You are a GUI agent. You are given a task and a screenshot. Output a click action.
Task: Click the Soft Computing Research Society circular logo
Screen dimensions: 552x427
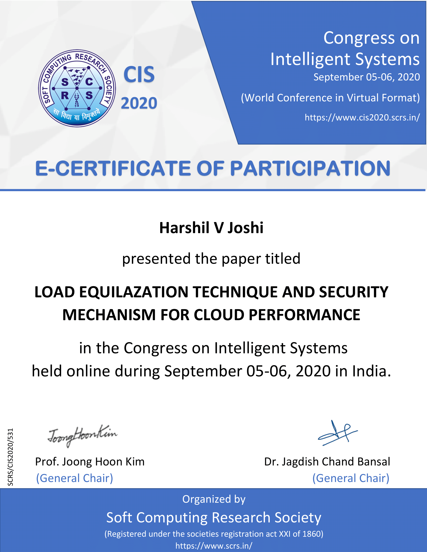click(x=77, y=88)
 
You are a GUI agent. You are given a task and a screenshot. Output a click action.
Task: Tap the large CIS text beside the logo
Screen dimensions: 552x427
click(x=139, y=75)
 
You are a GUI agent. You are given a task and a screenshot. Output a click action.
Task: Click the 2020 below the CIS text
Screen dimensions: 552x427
click(x=139, y=103)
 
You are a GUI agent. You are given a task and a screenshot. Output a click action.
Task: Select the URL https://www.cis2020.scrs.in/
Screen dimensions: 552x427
click(x=362, y=117)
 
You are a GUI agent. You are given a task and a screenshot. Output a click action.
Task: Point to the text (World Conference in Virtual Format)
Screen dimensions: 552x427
click(x=330, y=98)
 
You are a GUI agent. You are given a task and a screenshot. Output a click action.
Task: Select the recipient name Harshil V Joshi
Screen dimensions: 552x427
click(x=211, y=228)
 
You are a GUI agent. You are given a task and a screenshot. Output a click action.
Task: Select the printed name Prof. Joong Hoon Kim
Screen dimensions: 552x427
click(x=90, y=461)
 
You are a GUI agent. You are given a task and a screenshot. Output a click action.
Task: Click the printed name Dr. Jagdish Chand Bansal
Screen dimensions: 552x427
click(x=327, y=461)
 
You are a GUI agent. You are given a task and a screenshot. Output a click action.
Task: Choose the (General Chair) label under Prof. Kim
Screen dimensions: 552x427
click(x=75, y=478)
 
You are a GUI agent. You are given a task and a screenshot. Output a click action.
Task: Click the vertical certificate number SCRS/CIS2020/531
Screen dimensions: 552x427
click(x=10, y=457)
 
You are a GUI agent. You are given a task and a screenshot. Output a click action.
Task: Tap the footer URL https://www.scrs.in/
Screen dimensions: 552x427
click(x=214, y=545)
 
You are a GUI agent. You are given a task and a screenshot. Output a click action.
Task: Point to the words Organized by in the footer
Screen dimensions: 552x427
click(x=214, y=499)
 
